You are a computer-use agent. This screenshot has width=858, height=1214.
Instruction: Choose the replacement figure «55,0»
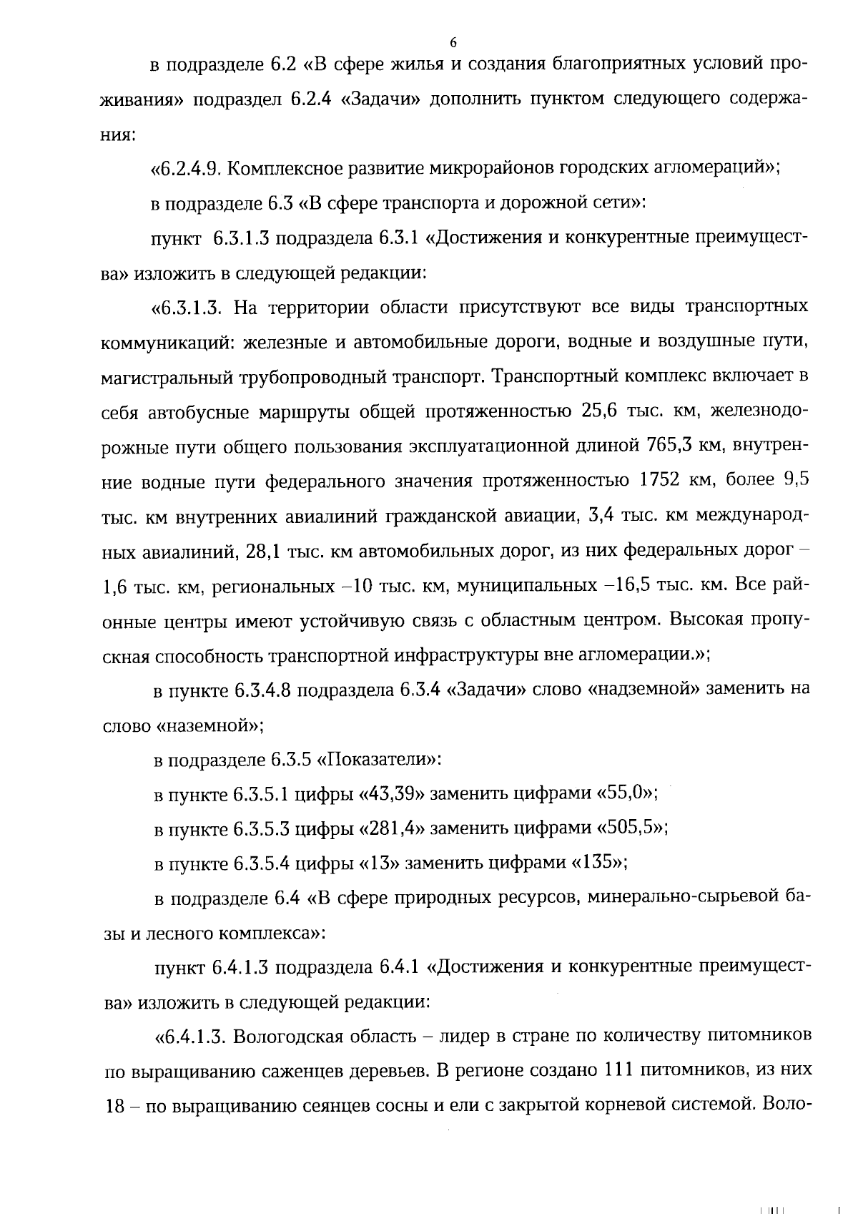626,794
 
